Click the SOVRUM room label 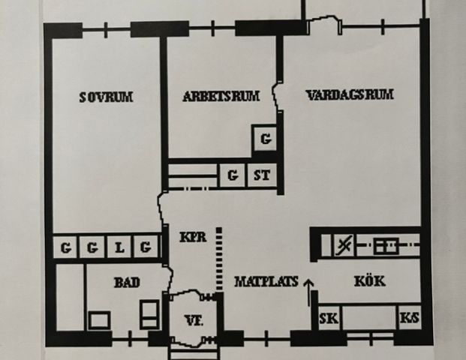point(106,97)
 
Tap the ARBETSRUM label point(221,96)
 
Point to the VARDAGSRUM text point(350,94)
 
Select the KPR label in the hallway point(193,237)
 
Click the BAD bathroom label point(127,282)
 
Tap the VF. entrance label point(194,320)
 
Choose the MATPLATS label point(266,281)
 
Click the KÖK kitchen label point(370,280)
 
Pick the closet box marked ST point(262,175)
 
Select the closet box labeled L point(120,247)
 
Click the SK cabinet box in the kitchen point(329,318)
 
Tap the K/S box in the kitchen point(410,318)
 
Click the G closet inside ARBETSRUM point(266,139)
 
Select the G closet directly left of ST point(233,175)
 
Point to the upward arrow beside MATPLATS point(308,292)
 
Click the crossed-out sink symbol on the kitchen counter point(344,245)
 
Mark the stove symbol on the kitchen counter point(386,246)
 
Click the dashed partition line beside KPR point(219,259)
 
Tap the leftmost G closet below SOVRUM point(65,247)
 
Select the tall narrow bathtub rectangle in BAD point(70,297)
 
